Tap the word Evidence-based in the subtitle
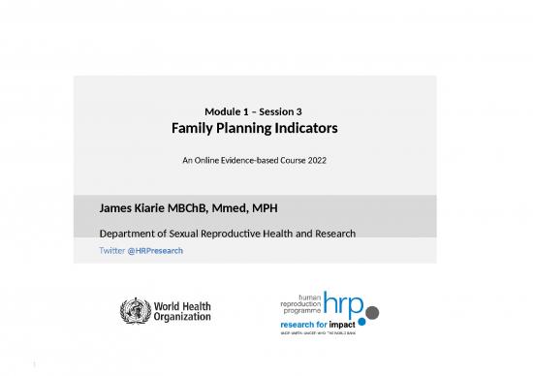pyautogui.click(x=255, y=159)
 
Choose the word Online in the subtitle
pyautogui.click(x=206, y=159)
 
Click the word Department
pyautogui.click(x=131, y=234)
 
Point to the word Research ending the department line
pyautogui.click(x=329, y=234)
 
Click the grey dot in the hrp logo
pyautogui.click(x=372, y=313)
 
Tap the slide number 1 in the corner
pyautogui.click(x=33, y=365)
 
